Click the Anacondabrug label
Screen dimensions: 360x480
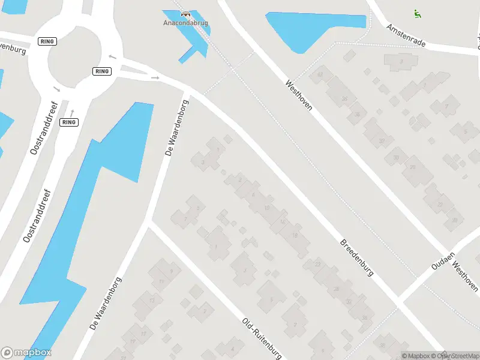pyautogui.click(x=185, y=23)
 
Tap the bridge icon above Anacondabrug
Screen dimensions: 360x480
pyautogui.click(x=185, y=13)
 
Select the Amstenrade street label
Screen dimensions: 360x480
pyautogui.click(x=406, y=37)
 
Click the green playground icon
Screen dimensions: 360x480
pyautogui.click(x=417, y=13)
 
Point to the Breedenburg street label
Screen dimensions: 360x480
pyautogui.click(x=357, y=258)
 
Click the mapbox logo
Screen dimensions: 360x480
pyautogui.click(x=26, y=353)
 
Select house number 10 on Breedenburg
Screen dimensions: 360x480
pyautogui.click(x=266, y=208)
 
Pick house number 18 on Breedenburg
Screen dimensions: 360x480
pyautogui.click(x=295, y=236)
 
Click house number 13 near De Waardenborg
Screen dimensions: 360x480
pyautogui.click(x=152, y=300)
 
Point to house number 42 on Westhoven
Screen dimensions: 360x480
pyautogui.click(x=320, y=74)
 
